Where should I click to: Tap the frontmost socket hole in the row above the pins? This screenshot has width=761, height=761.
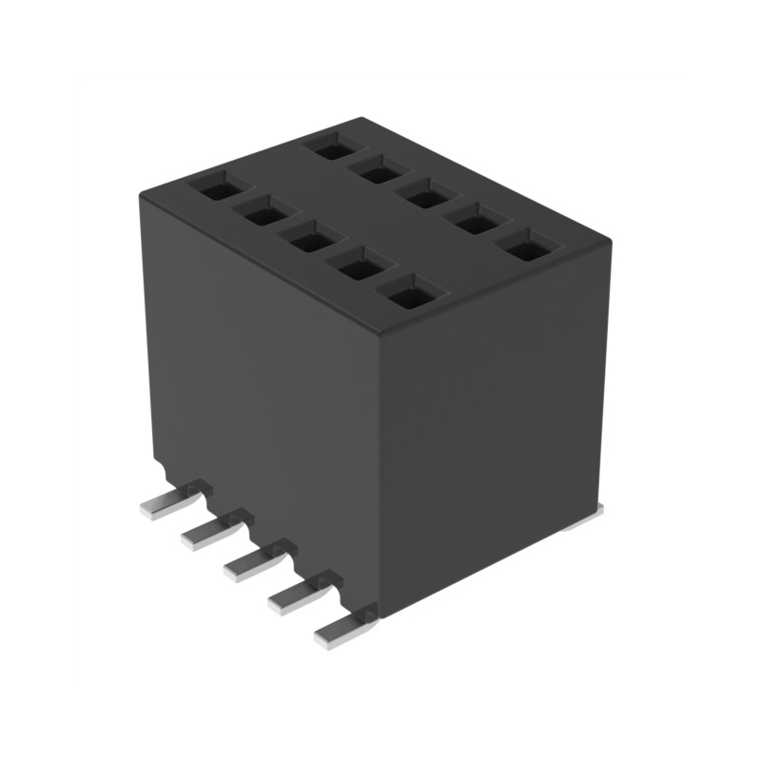pyautogui.click(x=411, y=297)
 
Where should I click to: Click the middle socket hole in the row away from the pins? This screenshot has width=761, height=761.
pyautogui.click(x=423, y=197)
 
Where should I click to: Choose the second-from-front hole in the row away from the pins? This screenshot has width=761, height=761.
pyautogui.click(x=474, y=224)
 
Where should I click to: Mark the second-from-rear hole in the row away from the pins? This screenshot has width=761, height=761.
pyautogui.click(x=379, y=172)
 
